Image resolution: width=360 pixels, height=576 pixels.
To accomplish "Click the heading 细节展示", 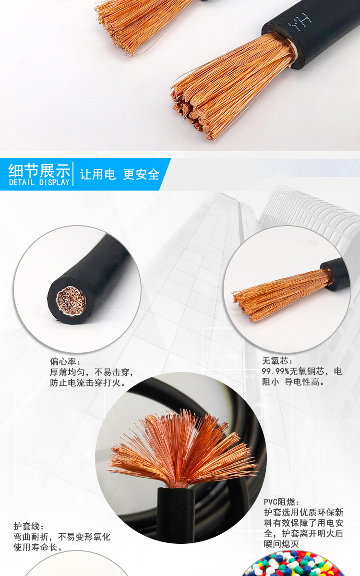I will click(x=39, y=170).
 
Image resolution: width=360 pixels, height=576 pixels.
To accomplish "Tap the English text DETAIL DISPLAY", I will click(x=39, y=182).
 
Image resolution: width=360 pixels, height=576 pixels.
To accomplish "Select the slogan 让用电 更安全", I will click(x=120, y=174).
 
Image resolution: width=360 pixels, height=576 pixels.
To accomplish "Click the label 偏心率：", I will click(x=65, y=361).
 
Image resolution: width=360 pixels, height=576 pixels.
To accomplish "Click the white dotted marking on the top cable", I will click(x=294, y=20).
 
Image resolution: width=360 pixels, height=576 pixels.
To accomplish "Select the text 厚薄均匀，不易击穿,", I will click(x=92, y=372).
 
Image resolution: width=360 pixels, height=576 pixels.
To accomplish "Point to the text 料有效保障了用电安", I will click(x=303, y=523).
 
